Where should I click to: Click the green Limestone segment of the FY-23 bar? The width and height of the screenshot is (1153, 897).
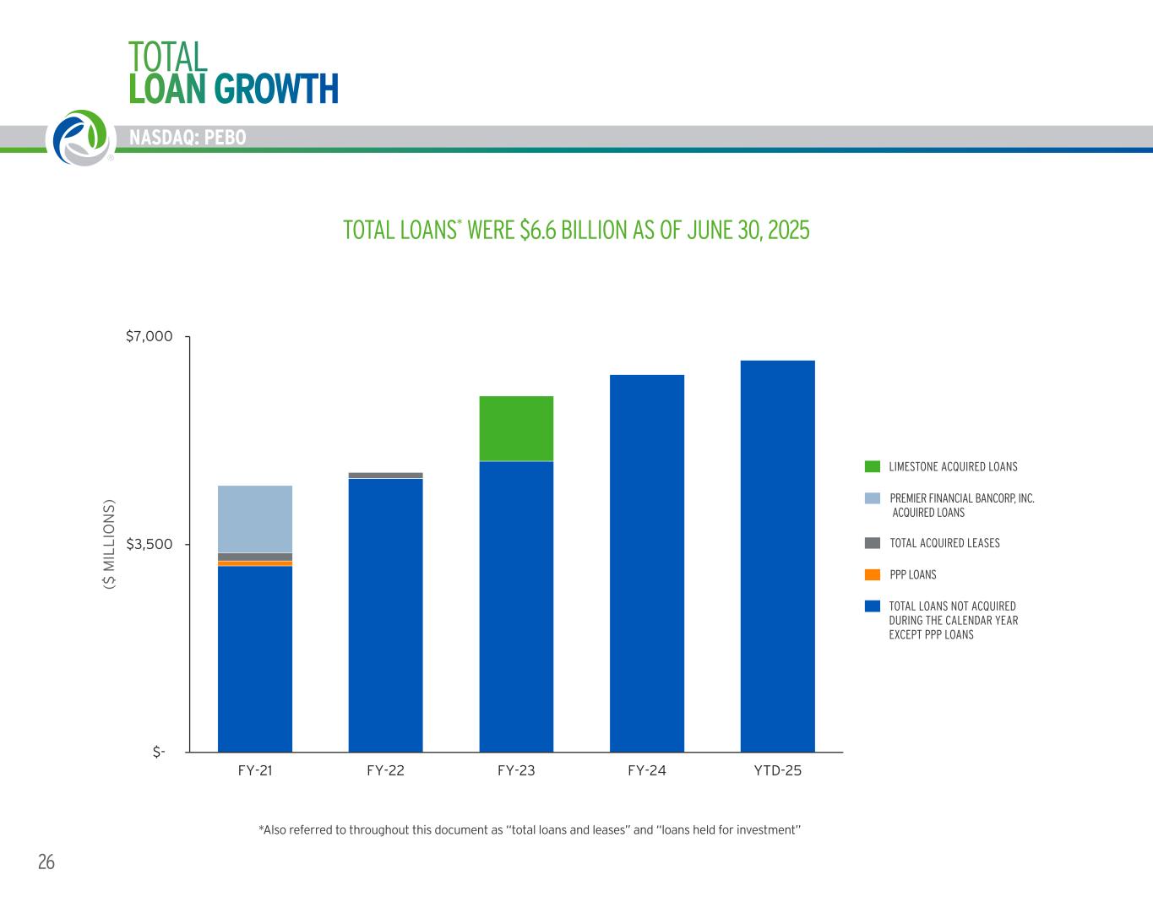coord(516,428)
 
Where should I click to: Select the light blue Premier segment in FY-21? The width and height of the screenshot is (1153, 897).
coord(255,519)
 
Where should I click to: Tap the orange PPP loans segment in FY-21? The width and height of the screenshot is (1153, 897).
coord(255,563)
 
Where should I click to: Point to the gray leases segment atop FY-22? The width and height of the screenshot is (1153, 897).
coord(385,476)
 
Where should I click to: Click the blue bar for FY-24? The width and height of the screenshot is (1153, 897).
coord(646,563)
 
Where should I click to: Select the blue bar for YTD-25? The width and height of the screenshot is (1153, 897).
coord(777,556)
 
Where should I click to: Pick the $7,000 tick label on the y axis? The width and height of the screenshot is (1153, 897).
coord(149,337)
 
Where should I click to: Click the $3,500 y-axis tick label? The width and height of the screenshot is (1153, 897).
coord(149,545)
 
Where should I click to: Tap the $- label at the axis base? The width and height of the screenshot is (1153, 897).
coord(159,752)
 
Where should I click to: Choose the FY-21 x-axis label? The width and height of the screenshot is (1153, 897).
coord(255,770)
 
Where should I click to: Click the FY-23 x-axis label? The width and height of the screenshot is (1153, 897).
coord(516,770)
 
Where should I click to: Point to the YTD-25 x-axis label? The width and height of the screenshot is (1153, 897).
coord(777,770)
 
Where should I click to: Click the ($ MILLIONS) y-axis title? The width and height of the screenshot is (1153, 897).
coord(108,545)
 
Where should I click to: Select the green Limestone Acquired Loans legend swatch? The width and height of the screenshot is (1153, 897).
coord(873,466)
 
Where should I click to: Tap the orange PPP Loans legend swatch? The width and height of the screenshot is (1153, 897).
coord(873,574)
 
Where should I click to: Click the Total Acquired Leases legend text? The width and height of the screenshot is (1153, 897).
coord(944,543)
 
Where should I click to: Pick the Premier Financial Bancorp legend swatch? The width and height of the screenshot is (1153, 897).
coord(873,498)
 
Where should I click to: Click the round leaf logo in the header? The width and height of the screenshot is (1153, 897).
coord(80,137)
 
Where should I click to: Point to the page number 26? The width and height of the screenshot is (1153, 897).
coord(46,862)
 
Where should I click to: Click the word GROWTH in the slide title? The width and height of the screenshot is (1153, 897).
coord(276,89)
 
